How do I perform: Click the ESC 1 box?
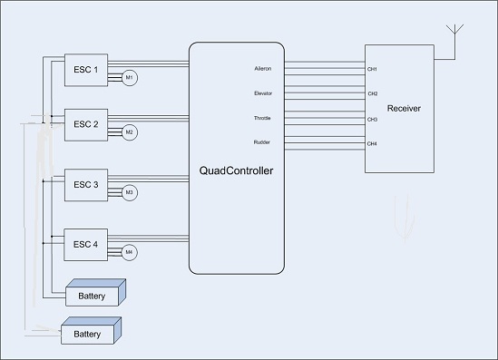click(86, 70)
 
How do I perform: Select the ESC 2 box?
click(86, 125)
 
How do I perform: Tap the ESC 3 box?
click(86, 185)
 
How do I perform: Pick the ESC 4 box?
click(86, 245)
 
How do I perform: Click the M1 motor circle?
click(130, 78)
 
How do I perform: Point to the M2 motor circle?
click(130, 132)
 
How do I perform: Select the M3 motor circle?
click(130, 193)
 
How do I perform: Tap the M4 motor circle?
click(130, 253)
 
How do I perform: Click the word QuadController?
click(236, 170)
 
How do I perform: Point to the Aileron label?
click(263, 69)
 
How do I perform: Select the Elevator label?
click(263, 93)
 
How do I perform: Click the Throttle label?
click(262, 118)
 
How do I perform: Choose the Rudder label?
click(262, 142)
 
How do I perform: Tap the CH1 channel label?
click(372, 69)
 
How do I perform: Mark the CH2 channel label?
click(373, 93)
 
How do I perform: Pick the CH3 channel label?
click(372, 120)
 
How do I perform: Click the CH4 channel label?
click(372, 144)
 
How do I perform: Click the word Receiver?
click(404, 109)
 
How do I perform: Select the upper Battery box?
click(95, 293)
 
